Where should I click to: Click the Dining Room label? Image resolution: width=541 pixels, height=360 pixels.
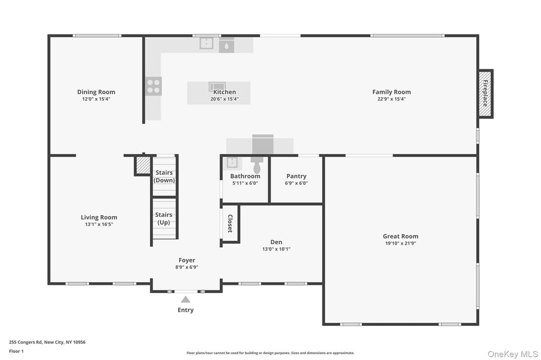pos(96,92)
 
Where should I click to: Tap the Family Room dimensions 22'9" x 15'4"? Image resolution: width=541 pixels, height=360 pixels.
pos(391,99)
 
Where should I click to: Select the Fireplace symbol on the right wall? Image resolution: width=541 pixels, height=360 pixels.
pos(485,94)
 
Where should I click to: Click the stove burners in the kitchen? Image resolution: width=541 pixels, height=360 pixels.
pos(154,86)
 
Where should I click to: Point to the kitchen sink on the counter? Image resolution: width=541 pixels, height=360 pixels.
pos(207,43)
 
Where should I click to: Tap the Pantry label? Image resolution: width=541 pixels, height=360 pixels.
pos(296,176)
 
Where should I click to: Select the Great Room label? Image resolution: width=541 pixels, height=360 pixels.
pos(400,236)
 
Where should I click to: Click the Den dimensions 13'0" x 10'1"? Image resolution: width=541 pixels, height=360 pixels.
pos(276,249)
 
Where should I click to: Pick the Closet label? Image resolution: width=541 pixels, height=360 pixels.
pos(230,224)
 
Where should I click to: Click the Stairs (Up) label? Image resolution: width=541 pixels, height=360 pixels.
pos(164,219)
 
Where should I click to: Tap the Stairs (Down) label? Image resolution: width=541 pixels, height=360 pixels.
pos(164,176)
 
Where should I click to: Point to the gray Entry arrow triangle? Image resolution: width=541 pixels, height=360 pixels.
pos(185,300)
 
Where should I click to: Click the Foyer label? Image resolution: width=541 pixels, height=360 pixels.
pos(187,260)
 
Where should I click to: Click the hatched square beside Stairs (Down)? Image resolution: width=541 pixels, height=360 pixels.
pos(143,165)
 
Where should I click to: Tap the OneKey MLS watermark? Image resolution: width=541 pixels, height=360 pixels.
pos(512,354)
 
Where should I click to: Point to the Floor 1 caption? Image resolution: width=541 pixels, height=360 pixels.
pos(16,351)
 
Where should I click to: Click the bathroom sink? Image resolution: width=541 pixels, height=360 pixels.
pos(232,162)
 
